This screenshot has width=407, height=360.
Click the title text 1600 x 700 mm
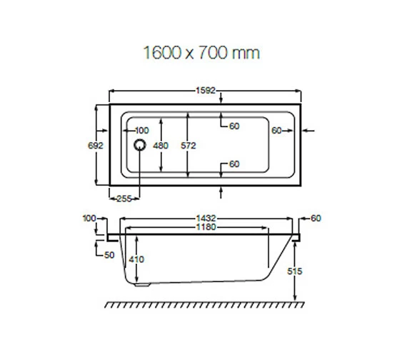pyautogui.click(x=201, y=53)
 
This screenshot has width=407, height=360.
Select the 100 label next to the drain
pyautogui.click(x=141, y=130)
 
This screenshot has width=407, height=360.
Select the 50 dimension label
pyautogui.click(x=109, y=254)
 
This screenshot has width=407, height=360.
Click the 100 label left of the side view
pyautogui.click(x=89, y=217)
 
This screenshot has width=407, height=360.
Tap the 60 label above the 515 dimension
pyautogui.click(x=317, y=217)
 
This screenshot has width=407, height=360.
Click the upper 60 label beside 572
pyautogui.click(x=233, y=126)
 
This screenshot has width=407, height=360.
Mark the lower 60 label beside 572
pyautogui.click(x=233, y=164)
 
